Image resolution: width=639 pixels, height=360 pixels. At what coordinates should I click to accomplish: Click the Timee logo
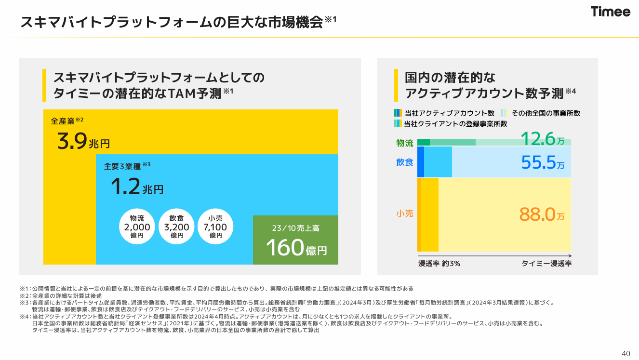(x=611, y=12)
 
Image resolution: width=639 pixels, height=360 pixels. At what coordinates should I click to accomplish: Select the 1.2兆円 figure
(x=137, y=187)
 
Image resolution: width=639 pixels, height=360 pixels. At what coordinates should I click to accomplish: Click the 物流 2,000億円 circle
(x=137, y=226)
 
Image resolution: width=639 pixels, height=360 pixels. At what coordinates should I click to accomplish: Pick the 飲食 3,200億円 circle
(x=177, y=226)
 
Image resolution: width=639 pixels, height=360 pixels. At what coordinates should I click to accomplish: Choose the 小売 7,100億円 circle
(x=216, y=226)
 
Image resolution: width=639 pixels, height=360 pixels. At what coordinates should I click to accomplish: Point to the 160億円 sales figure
(x=296, y=248)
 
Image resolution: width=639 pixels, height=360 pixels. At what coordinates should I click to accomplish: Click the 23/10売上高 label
(x=295, y=228)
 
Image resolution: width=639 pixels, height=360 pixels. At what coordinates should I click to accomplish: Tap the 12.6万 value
(x=543, y=140)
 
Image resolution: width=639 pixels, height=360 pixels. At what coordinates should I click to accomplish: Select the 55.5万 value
(x=543, y=162)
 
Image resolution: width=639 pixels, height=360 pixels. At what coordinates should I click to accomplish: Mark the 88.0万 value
(x=542, y=214)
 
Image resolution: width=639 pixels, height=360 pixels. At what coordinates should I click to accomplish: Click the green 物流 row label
(x=405, y=143)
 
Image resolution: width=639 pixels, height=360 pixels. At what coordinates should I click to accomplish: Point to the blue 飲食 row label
(x=405, y=162)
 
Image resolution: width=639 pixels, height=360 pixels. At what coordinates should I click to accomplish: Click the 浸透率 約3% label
(x=439, y=264)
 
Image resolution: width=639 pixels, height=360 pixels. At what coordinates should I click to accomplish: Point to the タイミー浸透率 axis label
(x=546, y=264)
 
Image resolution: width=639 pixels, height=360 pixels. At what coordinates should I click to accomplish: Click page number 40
(x=626, y=353)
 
